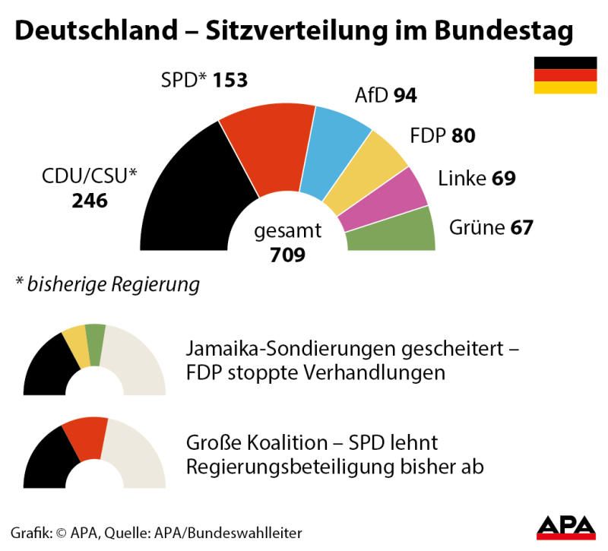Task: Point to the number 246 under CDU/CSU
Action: tap(90, 201)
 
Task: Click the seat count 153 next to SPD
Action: tap(230, 80)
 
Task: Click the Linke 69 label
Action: tap(477, 179)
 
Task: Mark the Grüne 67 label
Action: tap(491, 227)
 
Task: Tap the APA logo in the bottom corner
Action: tap(566, 527)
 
